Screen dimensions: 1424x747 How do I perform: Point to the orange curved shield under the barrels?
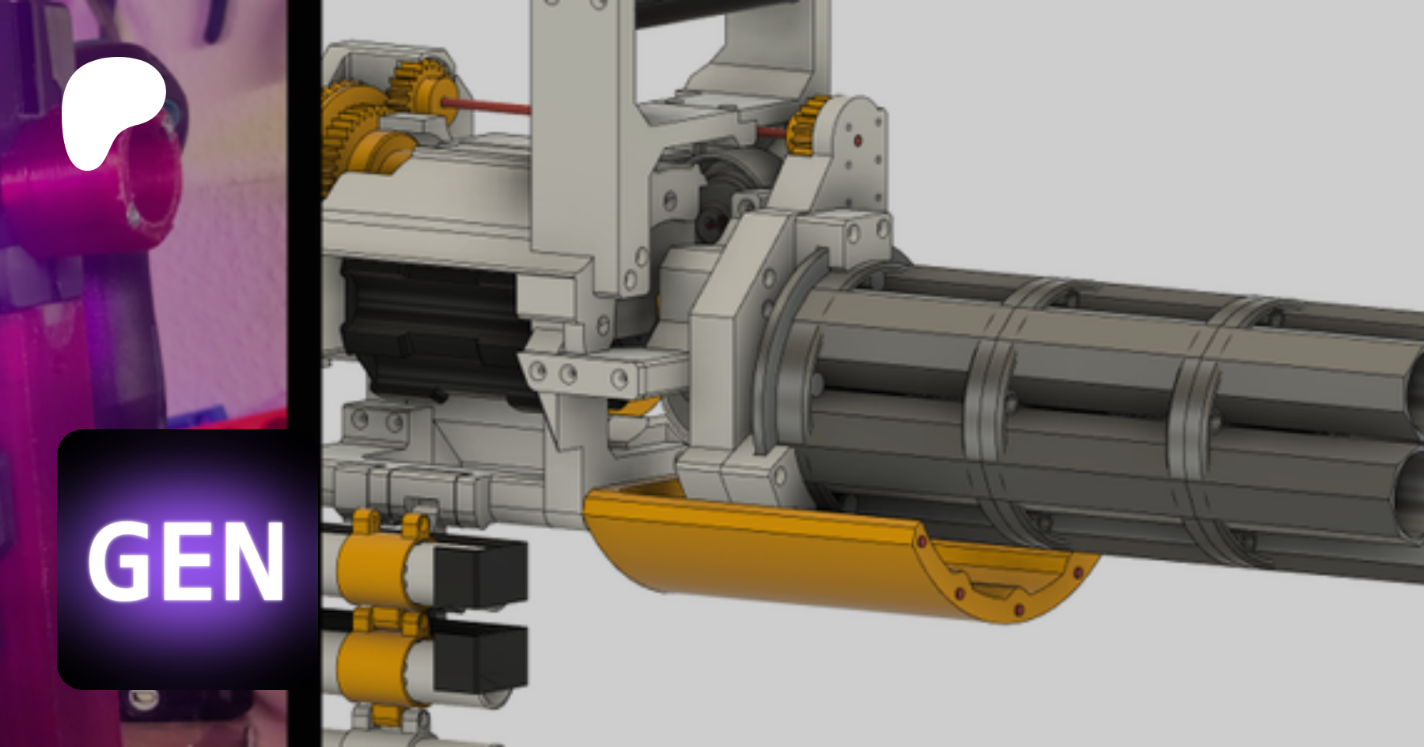(831, 553)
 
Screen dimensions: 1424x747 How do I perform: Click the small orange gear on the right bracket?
(809, 126)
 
